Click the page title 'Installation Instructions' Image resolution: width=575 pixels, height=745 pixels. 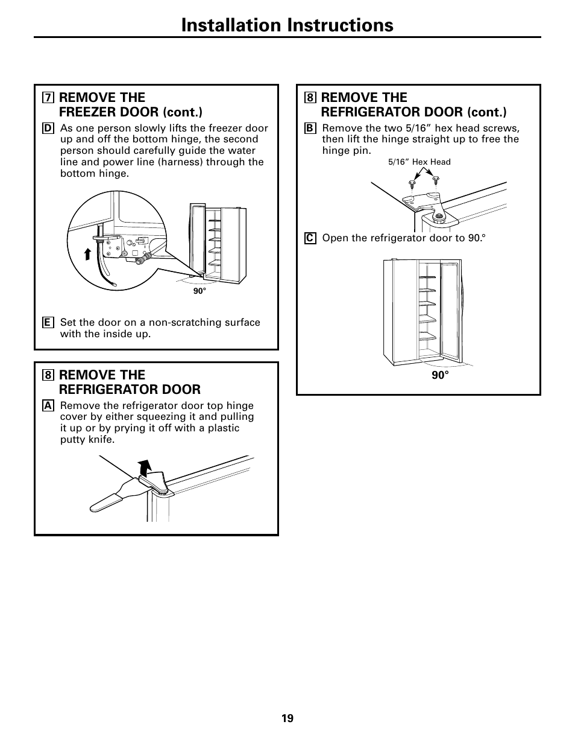[287, 25]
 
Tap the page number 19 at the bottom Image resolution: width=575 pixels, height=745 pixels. [287, 718]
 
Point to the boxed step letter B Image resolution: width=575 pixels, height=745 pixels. [310, 128]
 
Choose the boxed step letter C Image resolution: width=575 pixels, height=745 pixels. [310, 238]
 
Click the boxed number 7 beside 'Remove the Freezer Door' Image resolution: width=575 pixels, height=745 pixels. [48, 98]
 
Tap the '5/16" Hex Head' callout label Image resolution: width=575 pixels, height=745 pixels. [419, 162]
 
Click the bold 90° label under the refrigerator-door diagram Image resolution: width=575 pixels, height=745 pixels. [440, 375]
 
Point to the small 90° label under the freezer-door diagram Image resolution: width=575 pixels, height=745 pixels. [200, 291]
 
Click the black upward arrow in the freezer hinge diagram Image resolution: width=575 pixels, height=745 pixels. [88, 253]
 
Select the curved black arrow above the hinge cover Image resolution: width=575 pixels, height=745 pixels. [144, 468]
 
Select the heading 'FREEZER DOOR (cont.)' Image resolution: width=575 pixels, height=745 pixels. [130, 112]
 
